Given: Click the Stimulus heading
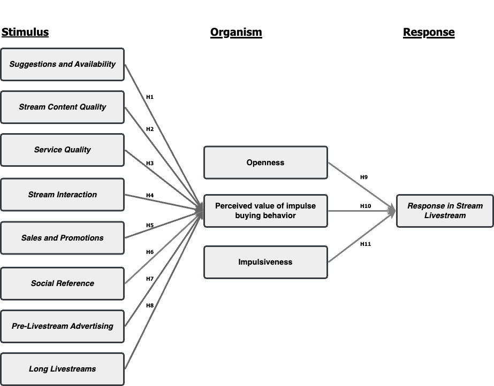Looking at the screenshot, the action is click(x=25, y=32).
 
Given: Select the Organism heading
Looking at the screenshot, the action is click(x=236, y=33).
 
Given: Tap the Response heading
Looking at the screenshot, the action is click(x=429, y=33).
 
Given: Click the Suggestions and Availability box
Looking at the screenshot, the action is click(x=63, y=65).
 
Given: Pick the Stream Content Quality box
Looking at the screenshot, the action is click(x=63, y=107).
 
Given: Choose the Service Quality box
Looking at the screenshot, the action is click(x=63, y=150).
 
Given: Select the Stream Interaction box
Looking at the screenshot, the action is click(x=63, y=195).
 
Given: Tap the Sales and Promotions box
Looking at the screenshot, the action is click(x=63, y=238).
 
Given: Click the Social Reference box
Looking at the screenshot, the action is click(x=63, y=283).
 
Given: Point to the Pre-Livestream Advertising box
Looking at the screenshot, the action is click(x=63, y=326).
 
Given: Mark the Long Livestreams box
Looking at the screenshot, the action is click(x=63, y=369).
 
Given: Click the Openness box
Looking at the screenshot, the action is click(x=265, y=163).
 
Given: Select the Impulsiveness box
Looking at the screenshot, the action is click(x=265, y=262).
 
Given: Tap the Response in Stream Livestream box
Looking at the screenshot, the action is click(x=445, y=211).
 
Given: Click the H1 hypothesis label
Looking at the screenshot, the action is click(x=150, y=97).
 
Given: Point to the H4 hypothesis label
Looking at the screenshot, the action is click(x=150, y=195).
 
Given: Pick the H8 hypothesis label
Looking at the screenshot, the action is click(x=150, y=305).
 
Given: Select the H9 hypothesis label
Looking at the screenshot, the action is click(x=364, y=177).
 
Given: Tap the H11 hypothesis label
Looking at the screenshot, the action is click(x=366, y=244).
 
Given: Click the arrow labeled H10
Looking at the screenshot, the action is click(x=362, y=211).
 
